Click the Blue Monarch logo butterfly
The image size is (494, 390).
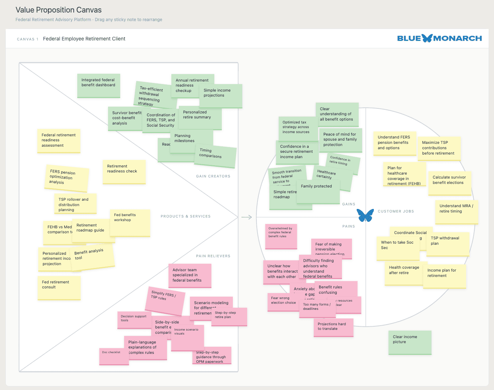click(427, 38)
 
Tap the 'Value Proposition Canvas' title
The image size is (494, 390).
click(59, 10)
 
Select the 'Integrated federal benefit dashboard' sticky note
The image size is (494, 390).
click(98, 86)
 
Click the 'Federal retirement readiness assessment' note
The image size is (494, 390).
click(59, 141)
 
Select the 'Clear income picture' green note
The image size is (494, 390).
click(410, 342)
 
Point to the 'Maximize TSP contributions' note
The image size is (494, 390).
click(439, 148)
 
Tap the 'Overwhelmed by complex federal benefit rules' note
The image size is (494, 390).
click(281, 236)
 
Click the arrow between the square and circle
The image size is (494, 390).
click(246, 217)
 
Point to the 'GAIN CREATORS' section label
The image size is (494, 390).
click(213, 176)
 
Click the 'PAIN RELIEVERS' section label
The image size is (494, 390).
click(213, 256)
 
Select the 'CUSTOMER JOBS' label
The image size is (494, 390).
click(396, 211)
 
